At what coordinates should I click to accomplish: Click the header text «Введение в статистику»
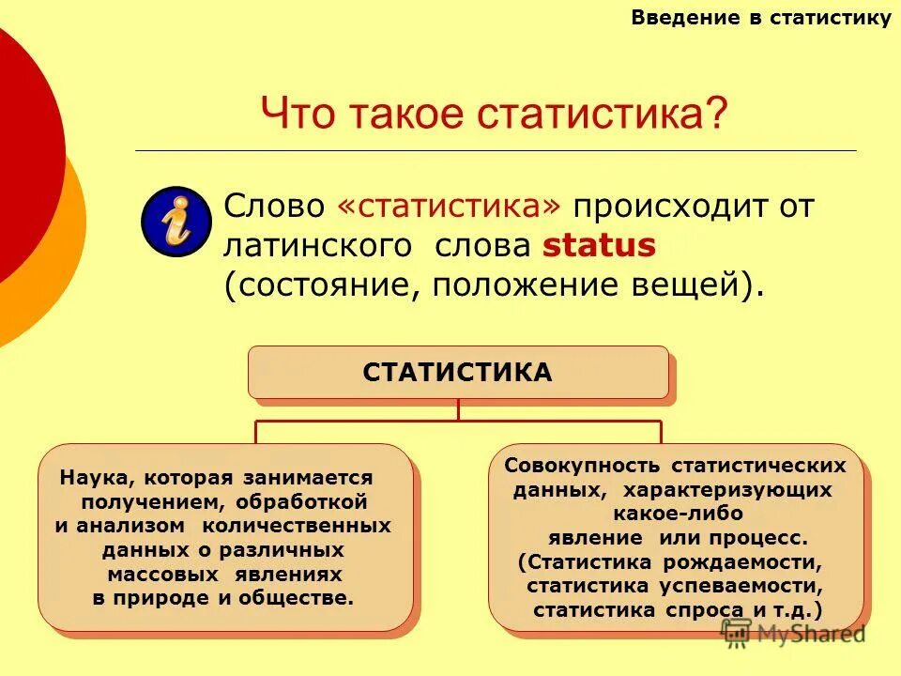(x=760, y=18)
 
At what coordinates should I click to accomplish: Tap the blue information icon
(x=176, y=222)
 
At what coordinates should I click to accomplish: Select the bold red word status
(x=599, y=246)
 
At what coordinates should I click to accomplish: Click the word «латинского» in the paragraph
(x=317, y=246)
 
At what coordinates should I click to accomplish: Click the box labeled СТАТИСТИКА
(x=458, y=372)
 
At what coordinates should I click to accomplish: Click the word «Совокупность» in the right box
(x=570, y=466)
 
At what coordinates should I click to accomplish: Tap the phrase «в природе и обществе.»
(x=223, y=598)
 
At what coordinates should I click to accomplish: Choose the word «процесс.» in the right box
(x=762, y=538)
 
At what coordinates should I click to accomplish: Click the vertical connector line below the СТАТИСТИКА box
(x=458, y=409)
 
